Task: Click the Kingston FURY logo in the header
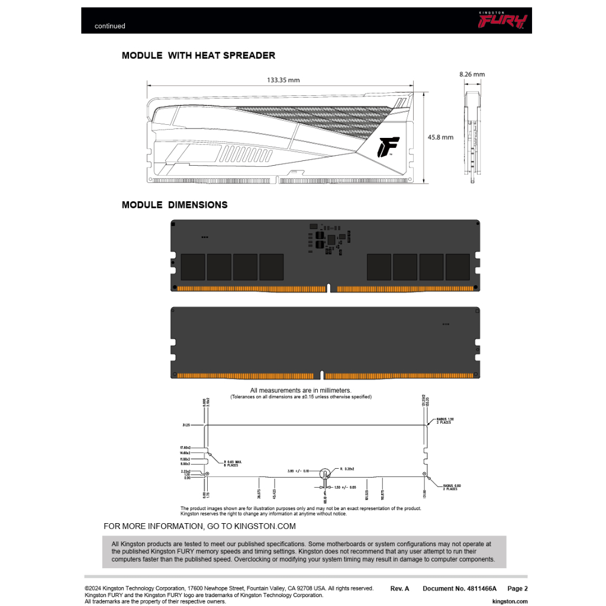tap(502, 21)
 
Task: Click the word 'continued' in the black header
tap(110, 26)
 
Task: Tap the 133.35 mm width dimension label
tap(283, 80)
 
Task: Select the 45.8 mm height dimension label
tap(440, 137)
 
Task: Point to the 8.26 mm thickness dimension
tap(472, 75)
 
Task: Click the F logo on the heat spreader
tap(388, 147)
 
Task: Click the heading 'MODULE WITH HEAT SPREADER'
tap(198, 56)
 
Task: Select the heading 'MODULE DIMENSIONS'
tap(175, 205)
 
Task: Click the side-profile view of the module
tap(472, 136)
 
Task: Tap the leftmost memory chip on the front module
tap(192, 267)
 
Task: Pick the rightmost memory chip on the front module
tap(457, 267)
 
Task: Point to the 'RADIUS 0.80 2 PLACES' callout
tap(450, 487)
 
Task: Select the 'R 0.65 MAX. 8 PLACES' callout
tap(233, 463)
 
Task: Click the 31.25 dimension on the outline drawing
tap(186, 425)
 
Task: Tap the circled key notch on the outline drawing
tap(325, 473)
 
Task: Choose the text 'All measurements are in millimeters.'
tap(301, 391)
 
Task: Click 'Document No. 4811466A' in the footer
tap(459, 589)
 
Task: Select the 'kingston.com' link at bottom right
tap(510, 601)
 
